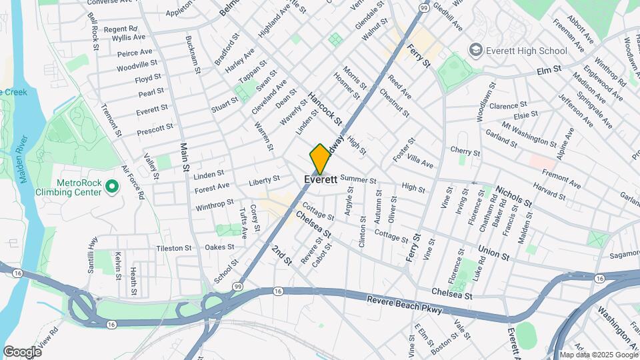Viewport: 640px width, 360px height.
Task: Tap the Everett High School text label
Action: (x=527, y=50)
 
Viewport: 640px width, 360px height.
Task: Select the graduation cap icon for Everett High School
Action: (x=475, y=49)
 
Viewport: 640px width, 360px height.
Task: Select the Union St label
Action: (x=493, y=252)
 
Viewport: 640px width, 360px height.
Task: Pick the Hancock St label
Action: (x=325, y=109)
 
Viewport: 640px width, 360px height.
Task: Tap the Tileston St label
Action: (x=174, y=247)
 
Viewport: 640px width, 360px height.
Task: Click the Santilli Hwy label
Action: (x=92, y=251)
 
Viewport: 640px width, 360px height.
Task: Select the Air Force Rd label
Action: (x=133, y=182)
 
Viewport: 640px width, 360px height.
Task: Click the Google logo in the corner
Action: (x=22, y=351)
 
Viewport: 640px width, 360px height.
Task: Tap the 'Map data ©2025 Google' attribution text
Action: (x=598, y=355)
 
